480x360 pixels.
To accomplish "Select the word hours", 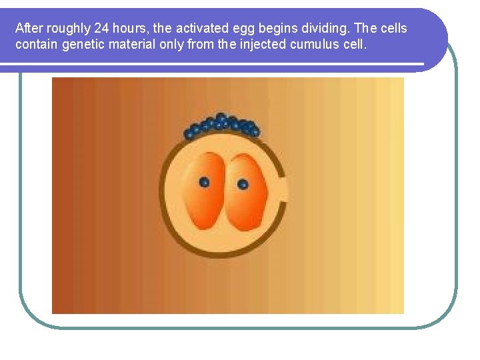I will coord(132,29).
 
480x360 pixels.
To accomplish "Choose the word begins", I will coord(281,29).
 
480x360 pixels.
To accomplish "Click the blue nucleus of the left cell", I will coord(204,182).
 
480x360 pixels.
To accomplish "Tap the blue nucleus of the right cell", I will coord(243,183).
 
